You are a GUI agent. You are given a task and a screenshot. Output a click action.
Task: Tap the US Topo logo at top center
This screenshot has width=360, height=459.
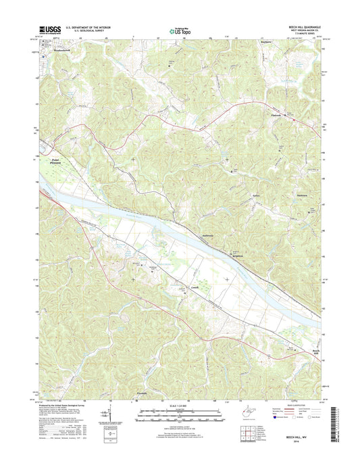179,29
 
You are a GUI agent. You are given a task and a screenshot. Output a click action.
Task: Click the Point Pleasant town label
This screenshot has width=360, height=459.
61,162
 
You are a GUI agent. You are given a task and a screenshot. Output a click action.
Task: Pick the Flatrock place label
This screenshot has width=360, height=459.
272,116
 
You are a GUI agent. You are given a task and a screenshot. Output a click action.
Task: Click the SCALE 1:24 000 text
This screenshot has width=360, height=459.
179,408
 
